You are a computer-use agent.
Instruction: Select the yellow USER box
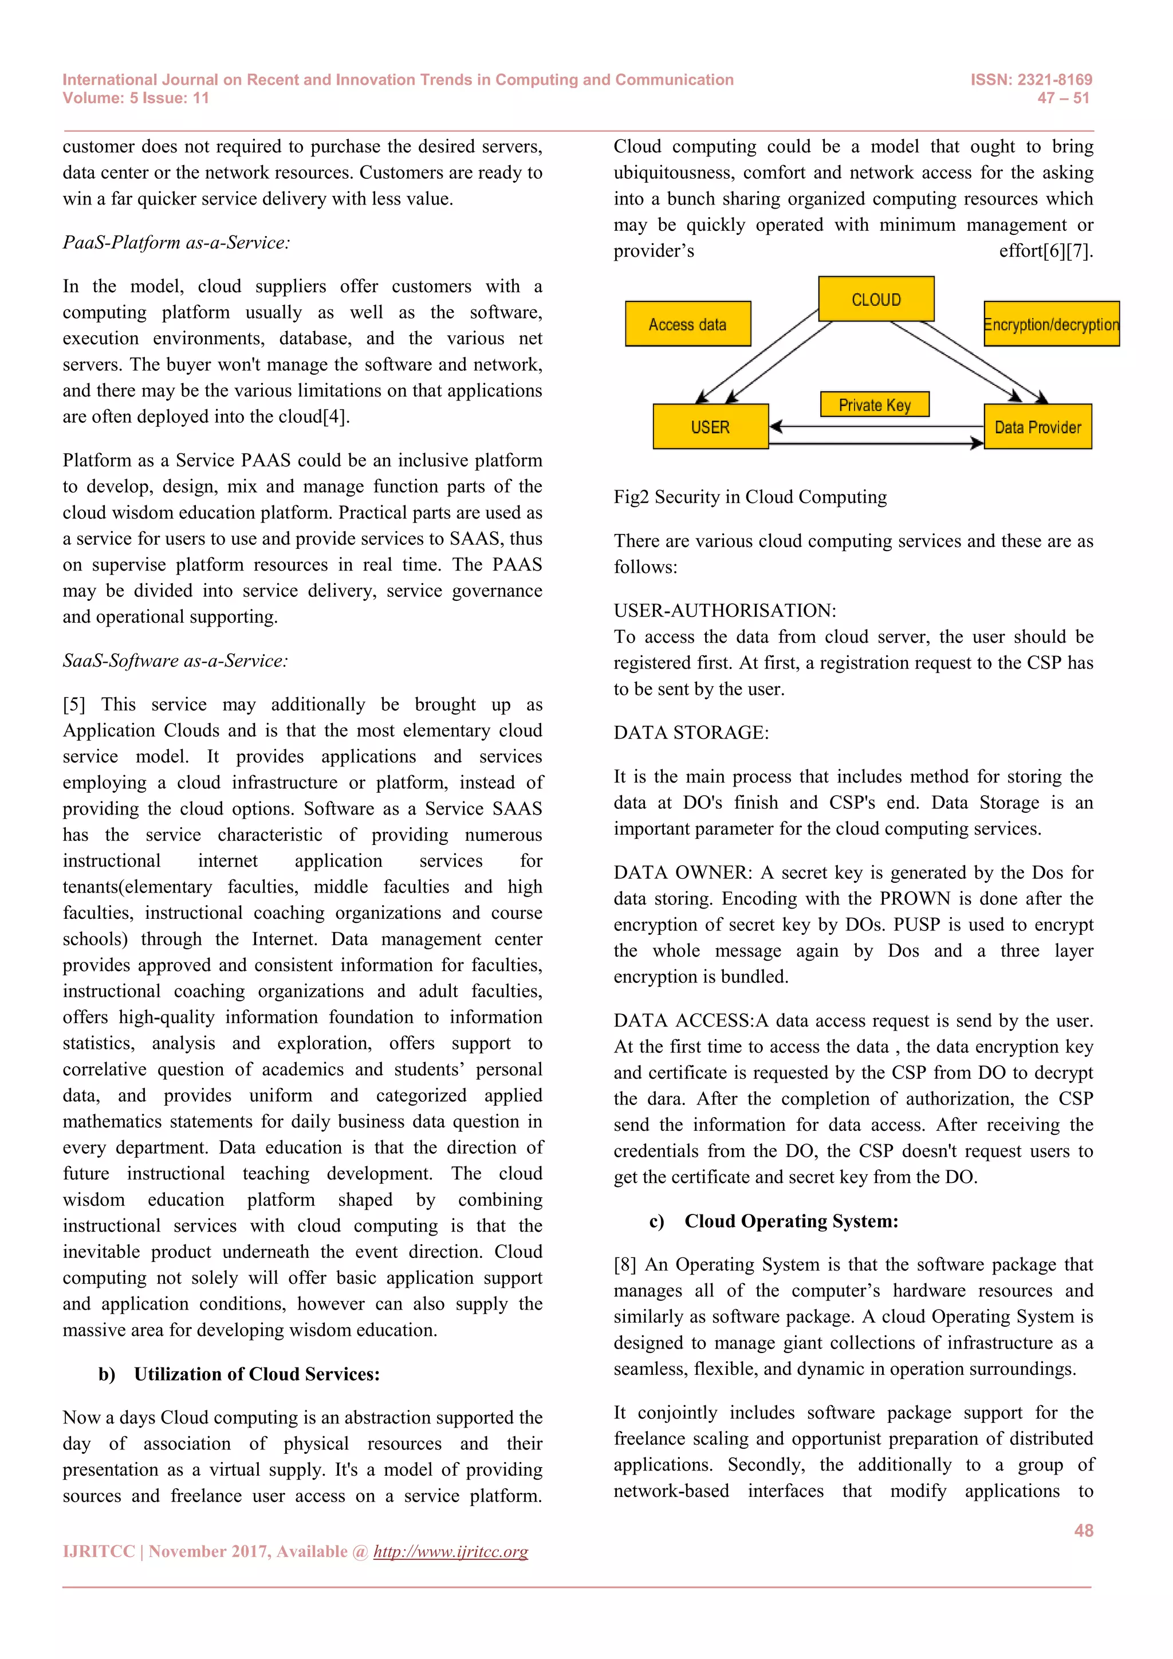click(x=710, y=427)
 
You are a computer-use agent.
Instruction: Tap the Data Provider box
click(x=1037, y=427)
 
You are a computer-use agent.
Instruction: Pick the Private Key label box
click(x=874, y=404)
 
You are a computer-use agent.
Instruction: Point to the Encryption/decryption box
click(x=1051, y=324)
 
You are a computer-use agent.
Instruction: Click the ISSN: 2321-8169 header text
click(x=1031, y=80)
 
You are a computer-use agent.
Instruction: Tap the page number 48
click(x=1084, y=1530)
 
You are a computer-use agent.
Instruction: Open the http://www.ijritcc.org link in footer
click(x=450, y=1551)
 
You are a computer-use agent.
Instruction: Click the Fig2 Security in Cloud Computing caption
click(x=750, y=497)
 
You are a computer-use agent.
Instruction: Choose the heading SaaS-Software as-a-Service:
click(x=175, y=661)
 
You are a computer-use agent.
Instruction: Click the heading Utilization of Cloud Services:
click(x=257, y=1374)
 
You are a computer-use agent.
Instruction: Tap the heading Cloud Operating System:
click(x=791, y=1221)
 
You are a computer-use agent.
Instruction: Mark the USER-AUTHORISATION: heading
click(x=725, y=611)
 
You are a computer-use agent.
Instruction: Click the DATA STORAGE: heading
click(x=691, y=733)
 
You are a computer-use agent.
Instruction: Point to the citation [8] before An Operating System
click(x=625, y=1264)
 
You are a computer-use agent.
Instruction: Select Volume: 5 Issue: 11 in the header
click(x=136, y=99)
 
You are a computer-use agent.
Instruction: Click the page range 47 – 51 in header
click(x=1062, y=99)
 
